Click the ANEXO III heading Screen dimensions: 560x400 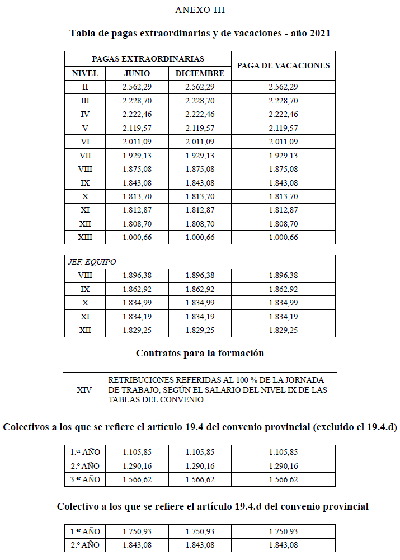200,10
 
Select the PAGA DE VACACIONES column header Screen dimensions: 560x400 283,65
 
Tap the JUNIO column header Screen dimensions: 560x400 137,73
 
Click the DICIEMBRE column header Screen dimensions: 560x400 199,73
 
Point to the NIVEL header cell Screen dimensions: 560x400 85,73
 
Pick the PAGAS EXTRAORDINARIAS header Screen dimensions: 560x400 148,58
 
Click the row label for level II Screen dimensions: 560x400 85,87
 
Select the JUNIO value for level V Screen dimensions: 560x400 137,128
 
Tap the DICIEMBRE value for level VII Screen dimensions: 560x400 199,156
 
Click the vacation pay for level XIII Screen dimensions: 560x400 283,237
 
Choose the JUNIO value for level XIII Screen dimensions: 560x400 137,237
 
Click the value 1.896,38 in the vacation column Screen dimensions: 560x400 283,275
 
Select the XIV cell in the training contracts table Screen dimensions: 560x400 84,389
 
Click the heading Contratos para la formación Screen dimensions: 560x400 200,354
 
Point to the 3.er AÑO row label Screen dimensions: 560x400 85,479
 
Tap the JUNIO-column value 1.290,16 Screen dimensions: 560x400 137,466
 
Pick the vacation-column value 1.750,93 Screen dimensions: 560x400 283,531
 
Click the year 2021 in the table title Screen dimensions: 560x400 319,34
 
